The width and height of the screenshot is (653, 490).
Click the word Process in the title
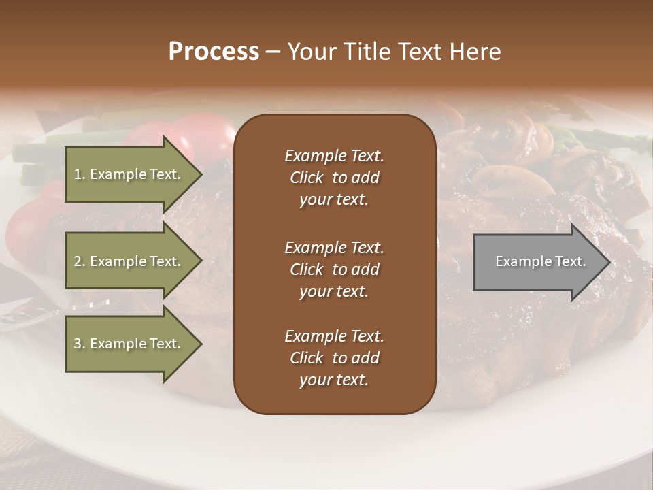(x=214, y=52)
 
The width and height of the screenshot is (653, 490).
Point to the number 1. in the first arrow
(x=79, y=174)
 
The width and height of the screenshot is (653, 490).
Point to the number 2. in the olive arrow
(x=79, y=261)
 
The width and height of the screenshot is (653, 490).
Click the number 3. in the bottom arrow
(x=79, y=344)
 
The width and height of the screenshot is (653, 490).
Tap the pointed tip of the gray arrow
(x=607, y=262)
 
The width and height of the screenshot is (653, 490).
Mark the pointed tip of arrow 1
(x=200, y=174)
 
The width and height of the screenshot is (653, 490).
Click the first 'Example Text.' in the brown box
(x=334, y=156)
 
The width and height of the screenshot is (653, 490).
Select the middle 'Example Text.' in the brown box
(x=334, y=247)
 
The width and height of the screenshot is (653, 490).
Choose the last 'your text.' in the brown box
(x=334, y=380)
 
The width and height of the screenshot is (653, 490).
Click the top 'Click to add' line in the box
(x=334, y=178)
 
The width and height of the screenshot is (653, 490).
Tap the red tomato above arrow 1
(x=204, y=129)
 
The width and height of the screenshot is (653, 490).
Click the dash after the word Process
(x=273, y=52)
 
